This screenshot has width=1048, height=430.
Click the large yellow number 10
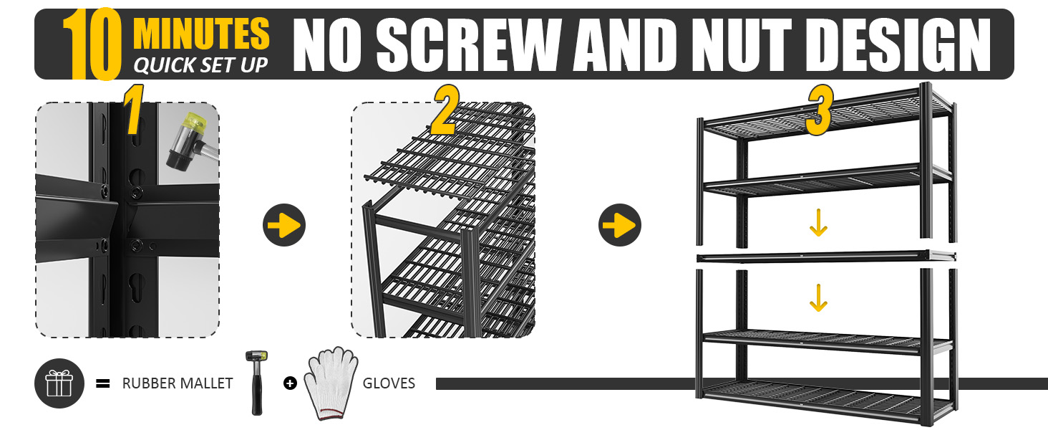tap(92, 44)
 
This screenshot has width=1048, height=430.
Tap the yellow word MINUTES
tap(202, 33)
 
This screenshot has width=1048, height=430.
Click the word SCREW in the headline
tap(470, 45)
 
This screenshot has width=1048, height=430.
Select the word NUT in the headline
tap(741, 45)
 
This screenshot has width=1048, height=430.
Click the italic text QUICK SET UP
tap(200, 65)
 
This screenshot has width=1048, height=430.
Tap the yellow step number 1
tap(133, 110)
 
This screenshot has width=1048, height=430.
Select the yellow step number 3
tap(819, 110)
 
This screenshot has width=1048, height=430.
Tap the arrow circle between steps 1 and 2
tap(284, 225)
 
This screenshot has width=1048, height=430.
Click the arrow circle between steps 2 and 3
tap(620, 225)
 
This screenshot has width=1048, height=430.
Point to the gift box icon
tap(59, 383)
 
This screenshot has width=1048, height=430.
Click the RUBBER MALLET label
tap(178, 383)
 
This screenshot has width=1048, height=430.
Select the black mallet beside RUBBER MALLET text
tap(256, 383)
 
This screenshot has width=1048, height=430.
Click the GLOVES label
tap(389, 383)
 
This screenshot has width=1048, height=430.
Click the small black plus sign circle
tap(290, 383)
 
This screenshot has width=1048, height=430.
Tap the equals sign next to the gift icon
tap(103, 383)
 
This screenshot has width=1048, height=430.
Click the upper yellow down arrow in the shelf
tap(818, 222)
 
